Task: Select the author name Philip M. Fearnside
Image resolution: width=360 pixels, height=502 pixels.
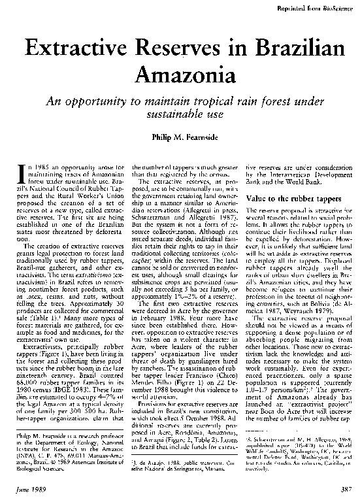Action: coord(180,137)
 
